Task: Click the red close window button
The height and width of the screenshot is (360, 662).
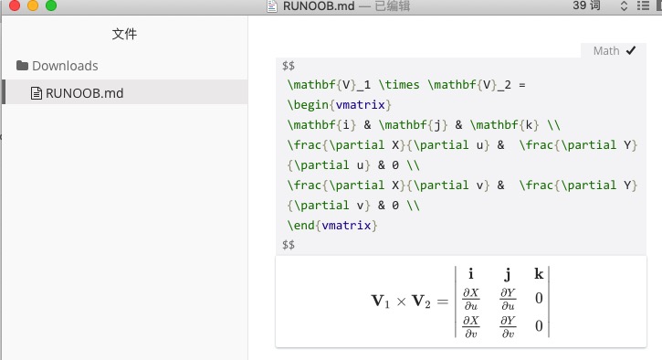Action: click(12, 5)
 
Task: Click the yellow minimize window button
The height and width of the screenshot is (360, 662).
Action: click(31, 5)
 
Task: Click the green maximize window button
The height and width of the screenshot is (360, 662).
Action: click(50, 5)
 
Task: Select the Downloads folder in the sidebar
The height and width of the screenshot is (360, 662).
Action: click(64, 66)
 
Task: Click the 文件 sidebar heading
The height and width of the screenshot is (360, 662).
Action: click(124, 35)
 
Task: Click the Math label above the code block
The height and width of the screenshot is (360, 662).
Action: click(606, 51)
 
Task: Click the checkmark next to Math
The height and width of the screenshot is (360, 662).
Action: click(631, 51)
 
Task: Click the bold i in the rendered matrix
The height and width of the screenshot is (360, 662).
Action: click(470, 274)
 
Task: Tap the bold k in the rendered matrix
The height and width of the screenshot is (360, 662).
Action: click(538, 274)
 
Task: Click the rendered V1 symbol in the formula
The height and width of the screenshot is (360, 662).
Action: click(380, 302)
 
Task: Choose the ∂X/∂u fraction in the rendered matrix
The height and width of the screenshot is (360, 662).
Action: click(470, 298)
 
